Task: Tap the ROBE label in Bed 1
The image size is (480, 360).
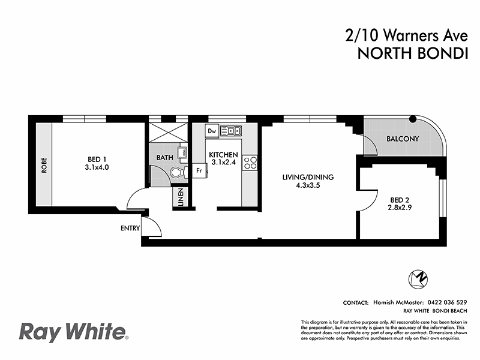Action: [44, 165]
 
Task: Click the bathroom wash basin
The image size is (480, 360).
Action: [182, 152]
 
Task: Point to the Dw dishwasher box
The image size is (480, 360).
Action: [211, 130]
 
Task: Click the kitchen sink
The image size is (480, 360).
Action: [230, 130]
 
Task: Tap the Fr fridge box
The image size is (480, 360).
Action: [200, 170]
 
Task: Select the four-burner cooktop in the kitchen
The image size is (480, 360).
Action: [250, 162]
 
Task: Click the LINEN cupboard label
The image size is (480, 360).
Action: [181, 199]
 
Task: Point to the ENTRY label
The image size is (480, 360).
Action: [130, 228]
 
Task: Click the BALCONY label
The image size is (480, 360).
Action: [402, 139]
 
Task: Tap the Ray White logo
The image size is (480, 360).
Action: [74, 331]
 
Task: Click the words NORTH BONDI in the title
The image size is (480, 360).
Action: [412, 53]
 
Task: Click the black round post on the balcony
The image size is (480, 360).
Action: [413, 119]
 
